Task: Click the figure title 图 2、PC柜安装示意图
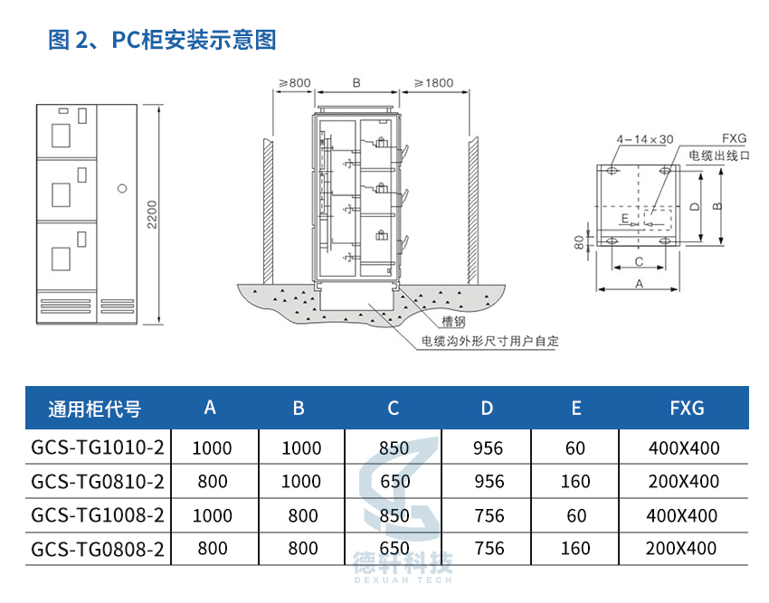162,39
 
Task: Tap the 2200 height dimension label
152,214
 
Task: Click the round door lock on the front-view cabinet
123,188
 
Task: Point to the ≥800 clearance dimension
295,83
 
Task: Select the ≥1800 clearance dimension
433,83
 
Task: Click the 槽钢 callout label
453,322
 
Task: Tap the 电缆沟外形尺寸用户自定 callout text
490,341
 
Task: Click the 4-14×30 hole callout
645,139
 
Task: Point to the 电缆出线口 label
719,155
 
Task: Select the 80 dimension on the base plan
579,242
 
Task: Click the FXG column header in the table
687,408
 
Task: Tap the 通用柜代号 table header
95,409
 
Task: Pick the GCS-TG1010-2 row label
97,448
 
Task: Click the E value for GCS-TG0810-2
575,482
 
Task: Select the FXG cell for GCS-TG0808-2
680,549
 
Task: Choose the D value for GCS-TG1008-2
489,515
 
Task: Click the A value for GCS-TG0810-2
213,482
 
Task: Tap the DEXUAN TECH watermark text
403,580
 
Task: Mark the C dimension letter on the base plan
639,262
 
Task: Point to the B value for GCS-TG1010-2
301,448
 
